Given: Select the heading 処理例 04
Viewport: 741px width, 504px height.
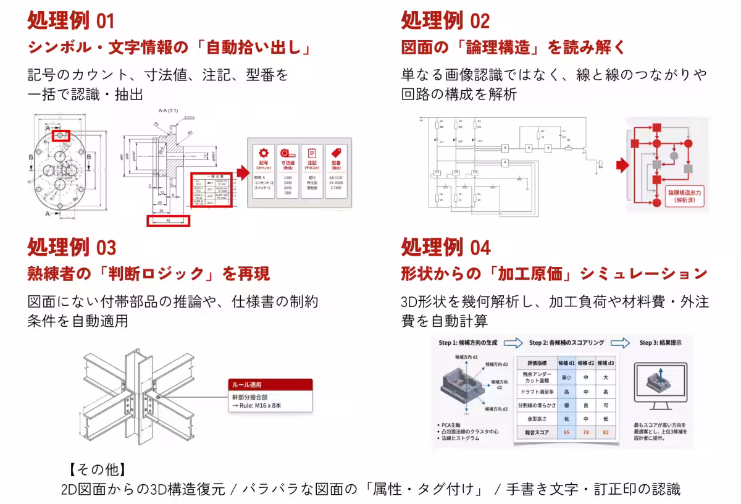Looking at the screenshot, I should [x=445, y=247].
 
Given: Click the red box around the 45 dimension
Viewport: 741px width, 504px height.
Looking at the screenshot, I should [x=168, y=220].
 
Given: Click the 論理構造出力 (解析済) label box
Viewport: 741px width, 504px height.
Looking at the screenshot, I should [x=684, y=196].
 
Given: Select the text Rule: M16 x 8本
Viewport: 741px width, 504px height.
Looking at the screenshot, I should [x=257, y=406].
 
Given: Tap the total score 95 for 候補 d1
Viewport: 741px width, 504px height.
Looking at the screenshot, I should [x=566, y=432].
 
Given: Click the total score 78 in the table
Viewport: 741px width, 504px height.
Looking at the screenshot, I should [x=586, y=432].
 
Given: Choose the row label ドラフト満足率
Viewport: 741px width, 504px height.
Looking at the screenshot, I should [x=533, y=392].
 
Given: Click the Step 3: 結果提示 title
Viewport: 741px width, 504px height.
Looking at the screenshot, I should [x=660, y=343].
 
